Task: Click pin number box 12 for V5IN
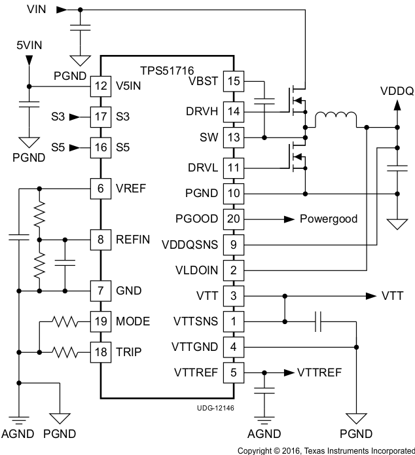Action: [100, 86]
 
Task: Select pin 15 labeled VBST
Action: [234, 81]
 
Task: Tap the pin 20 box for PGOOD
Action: [234, 218]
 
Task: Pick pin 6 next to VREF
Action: [100, 188]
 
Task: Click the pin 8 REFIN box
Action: [100, 240]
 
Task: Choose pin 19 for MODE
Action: [100, 321]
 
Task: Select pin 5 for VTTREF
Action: [234, 373]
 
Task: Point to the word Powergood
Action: [329, 219]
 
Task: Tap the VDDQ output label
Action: [396, 92]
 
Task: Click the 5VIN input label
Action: [29, 45]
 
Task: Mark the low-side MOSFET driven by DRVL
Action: [298, 159]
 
